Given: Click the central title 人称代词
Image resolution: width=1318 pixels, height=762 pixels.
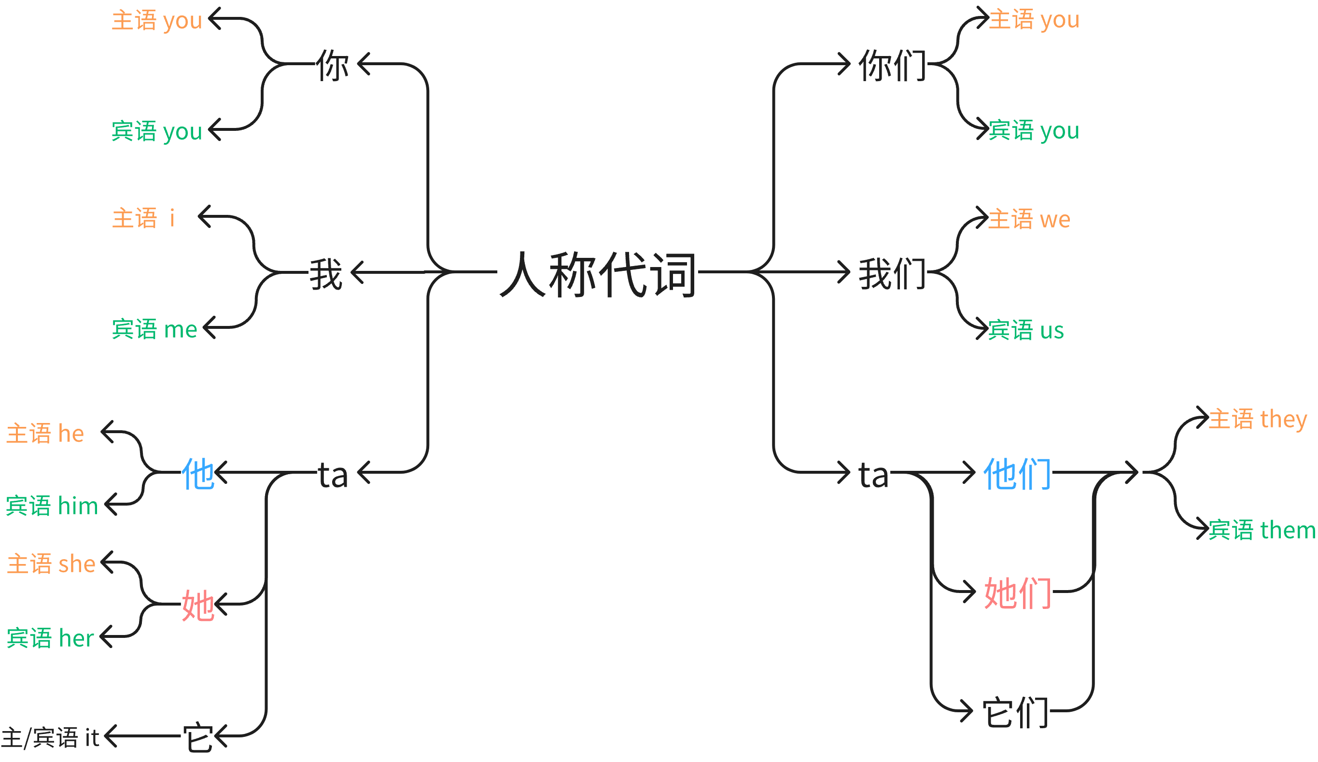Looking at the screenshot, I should [x=598, y=273].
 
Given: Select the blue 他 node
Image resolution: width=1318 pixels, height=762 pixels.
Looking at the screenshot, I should [x=198, y=473].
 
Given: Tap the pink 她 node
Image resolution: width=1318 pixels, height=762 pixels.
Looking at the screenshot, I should [x=198, y=605].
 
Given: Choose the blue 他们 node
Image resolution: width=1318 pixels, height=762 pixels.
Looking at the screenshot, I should [x=1017, y=473].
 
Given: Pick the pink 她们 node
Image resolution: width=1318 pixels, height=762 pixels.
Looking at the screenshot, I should [x=1017, y=593].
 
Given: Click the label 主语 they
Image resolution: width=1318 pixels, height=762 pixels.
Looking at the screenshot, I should [x=1257, y=420].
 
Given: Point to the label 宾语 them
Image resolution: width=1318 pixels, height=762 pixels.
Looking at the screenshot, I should [x=1262, y=530].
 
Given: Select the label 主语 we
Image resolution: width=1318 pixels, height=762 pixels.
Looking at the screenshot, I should [x=1029, y=219].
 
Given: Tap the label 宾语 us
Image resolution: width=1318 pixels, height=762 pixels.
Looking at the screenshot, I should [x=1025, y=330].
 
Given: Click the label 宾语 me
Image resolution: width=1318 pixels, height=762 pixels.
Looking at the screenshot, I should [x=155, y=329].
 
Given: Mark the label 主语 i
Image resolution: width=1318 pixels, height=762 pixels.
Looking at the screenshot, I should [x=143, y=218].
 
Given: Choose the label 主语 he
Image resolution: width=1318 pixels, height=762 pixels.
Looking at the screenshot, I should [x=45, y=434].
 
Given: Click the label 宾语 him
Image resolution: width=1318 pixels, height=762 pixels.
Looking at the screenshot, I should [x=52, y=506].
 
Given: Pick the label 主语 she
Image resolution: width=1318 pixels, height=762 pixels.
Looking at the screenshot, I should [x=51, y=564].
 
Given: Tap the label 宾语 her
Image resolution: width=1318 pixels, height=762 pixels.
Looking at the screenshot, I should [x=50, y=638].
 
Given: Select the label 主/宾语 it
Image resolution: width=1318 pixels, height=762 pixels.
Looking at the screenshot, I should [x=50, y=737].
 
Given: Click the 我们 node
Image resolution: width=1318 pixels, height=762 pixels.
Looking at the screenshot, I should [x=892, y=273].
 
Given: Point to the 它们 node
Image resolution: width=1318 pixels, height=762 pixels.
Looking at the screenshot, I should [x=1015, y=712].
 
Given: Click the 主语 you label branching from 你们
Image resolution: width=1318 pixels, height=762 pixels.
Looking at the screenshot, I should [x=1034, y=20].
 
